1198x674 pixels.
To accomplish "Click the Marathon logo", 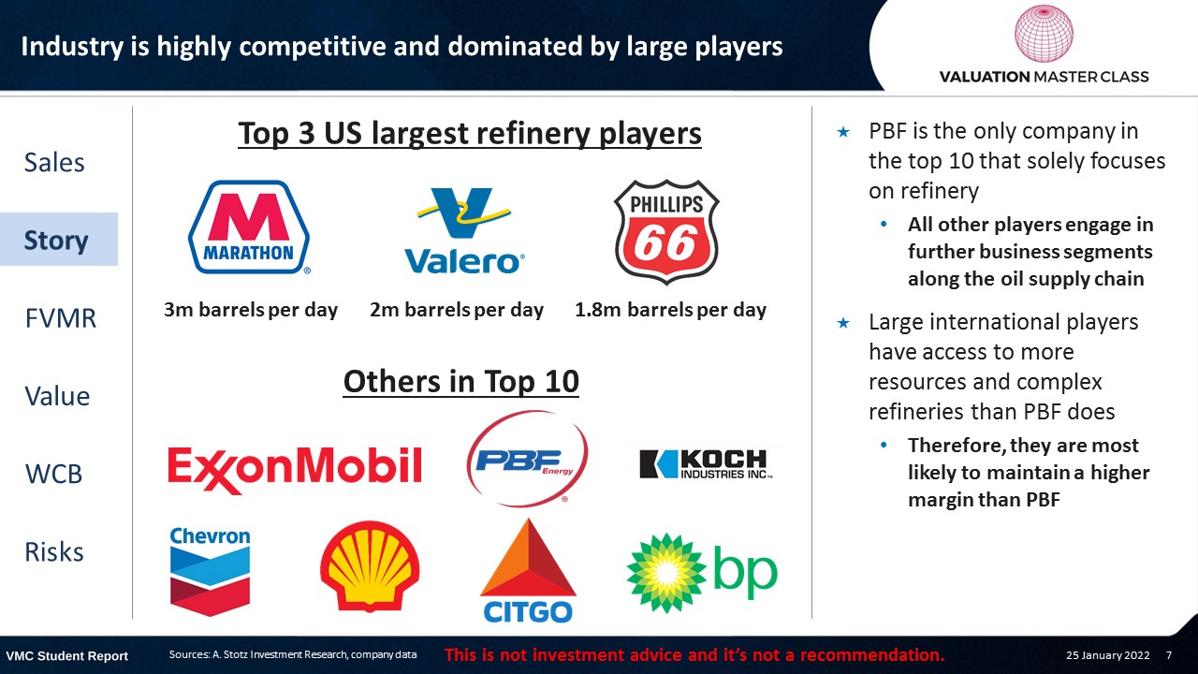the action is pos(249,227).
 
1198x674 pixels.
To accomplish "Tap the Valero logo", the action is pos(464,230).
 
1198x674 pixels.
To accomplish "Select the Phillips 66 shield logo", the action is pos(666,231).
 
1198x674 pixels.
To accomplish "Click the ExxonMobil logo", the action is pos(295,470).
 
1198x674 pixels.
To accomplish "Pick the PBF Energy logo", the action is pos(527,459).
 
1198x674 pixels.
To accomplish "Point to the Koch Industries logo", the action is pos(706,463).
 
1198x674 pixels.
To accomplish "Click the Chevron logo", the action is pos(210,571).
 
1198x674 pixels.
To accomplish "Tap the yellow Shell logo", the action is pos(370,566).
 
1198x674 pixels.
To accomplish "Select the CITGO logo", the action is pos(528,570).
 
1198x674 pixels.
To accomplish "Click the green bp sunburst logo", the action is pos(702,573).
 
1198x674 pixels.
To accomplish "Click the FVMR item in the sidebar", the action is pos(61,318).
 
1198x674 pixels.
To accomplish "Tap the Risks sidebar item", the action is pos(54,552).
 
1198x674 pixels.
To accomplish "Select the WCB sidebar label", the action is pos(53,474).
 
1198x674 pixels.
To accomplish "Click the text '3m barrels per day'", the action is pos(251,310).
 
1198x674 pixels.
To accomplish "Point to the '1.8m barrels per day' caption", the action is pos(671,310).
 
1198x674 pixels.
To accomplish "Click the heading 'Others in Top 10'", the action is pos(461,381).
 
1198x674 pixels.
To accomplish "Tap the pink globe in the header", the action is pos(1044,33).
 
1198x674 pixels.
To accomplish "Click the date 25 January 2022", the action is pos(1107,655).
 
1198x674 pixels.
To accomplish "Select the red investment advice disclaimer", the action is pos(694,654).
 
